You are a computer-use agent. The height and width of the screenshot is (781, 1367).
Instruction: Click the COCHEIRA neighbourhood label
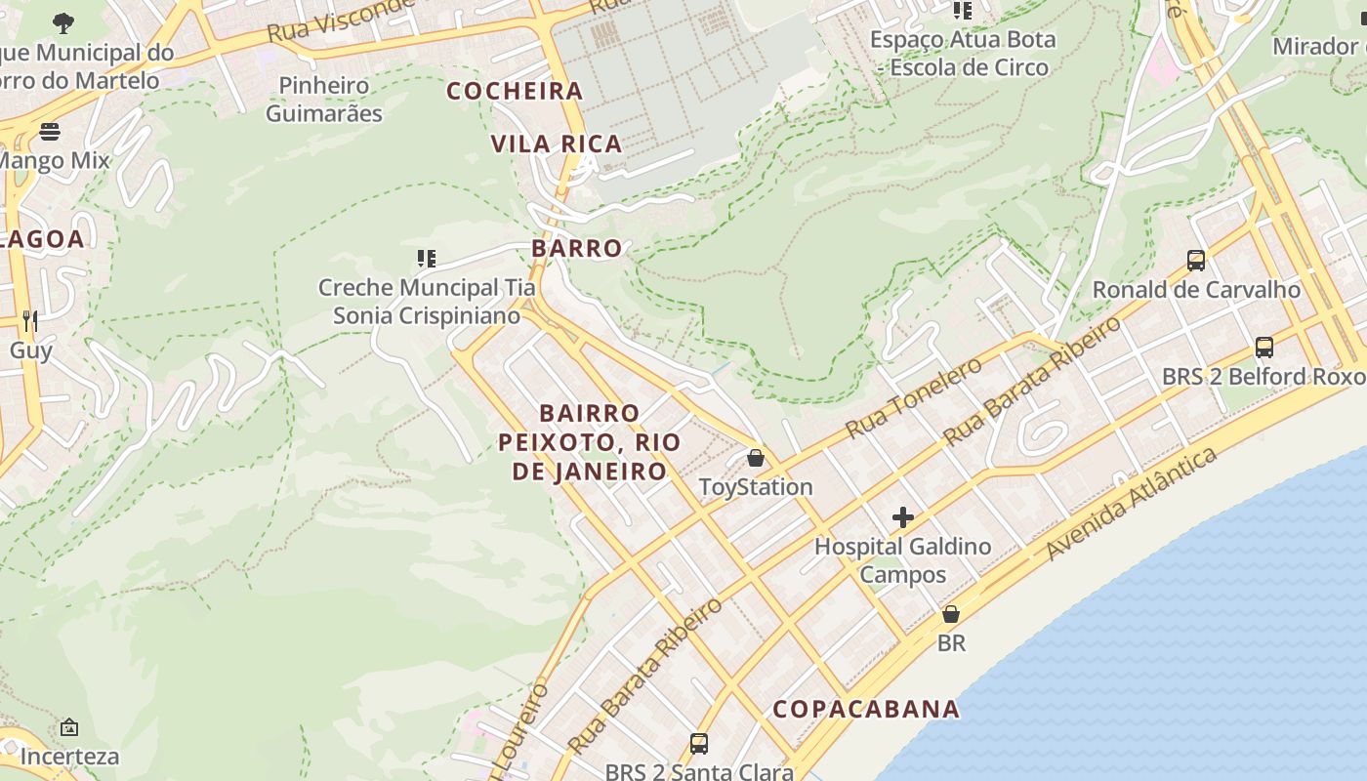click(x=515, y=92)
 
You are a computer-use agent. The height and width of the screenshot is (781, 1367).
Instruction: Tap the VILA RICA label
click(x=557, y=144)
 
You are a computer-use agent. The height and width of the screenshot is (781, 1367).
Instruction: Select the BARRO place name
click(x=577, y=248)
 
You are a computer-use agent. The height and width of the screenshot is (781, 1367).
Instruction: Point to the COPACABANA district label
click(x=866, y=710)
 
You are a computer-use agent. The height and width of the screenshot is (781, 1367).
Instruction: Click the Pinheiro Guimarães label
click(x=324, y=100)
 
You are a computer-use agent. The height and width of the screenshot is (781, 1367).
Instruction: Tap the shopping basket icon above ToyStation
click(x=755, y=458)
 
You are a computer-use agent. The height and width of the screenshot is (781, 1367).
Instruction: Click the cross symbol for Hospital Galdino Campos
click(x=903, y=517)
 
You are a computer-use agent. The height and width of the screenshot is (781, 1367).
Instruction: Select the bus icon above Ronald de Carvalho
click(x=1196, y=261)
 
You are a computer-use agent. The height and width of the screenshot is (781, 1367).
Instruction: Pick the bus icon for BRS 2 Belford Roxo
click(x=1264, y=348)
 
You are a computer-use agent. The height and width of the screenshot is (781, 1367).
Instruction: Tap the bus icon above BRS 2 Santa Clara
click(x=699, y=744)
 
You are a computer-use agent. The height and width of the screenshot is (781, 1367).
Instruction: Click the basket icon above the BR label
click(x=951, y=615)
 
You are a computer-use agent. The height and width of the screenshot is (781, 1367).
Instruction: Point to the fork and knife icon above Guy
click(x=30, y=320)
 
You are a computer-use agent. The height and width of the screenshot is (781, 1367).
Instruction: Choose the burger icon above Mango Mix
click(x=50, y=131)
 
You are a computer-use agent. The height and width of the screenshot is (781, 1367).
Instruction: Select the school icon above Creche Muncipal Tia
click(x=426, y=259)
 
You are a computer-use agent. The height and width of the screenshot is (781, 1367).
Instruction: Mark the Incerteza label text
click(x=69, y=757)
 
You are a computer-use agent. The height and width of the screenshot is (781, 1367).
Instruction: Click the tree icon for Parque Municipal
click(x=63, y=22)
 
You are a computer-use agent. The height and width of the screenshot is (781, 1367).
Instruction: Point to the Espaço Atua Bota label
click(x=963, y=54)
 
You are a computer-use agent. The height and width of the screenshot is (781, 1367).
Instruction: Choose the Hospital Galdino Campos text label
click(x=903, y=560)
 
